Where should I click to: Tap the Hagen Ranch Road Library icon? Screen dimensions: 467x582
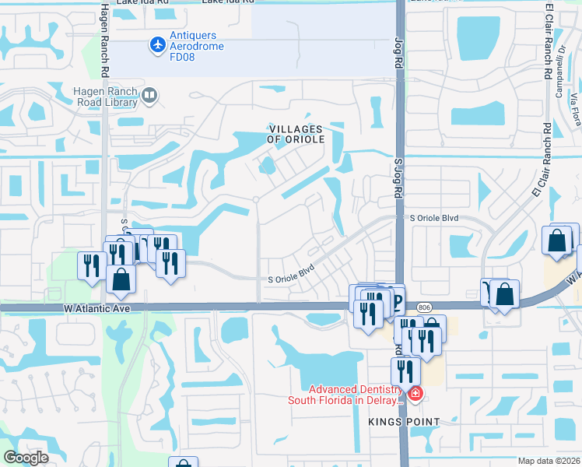(149, 97)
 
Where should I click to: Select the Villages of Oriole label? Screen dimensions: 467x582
(296, 134)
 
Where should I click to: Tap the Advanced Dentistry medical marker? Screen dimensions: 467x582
(415, 394)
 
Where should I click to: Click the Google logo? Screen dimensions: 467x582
(26, 457)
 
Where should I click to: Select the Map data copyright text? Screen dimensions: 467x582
(549, 461)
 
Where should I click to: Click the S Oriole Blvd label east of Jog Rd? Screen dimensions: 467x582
(433, 219)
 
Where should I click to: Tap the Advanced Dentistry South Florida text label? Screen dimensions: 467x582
(348, 395)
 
